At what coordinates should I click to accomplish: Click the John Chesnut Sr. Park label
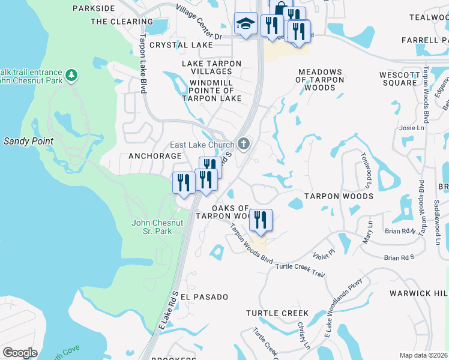[157, 227]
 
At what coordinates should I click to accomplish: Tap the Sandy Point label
[28, 141]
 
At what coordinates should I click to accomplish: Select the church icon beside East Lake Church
[243, 143]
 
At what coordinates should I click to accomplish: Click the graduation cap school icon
[245, 24]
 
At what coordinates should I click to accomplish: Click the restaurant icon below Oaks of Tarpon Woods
[261, 220]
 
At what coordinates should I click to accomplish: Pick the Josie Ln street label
[412, 128]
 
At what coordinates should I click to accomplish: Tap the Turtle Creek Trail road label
[300, 268]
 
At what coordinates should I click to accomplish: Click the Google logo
[20, 353]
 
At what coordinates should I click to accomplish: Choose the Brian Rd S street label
[399, 257]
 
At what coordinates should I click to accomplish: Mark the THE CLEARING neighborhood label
[122, 22]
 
